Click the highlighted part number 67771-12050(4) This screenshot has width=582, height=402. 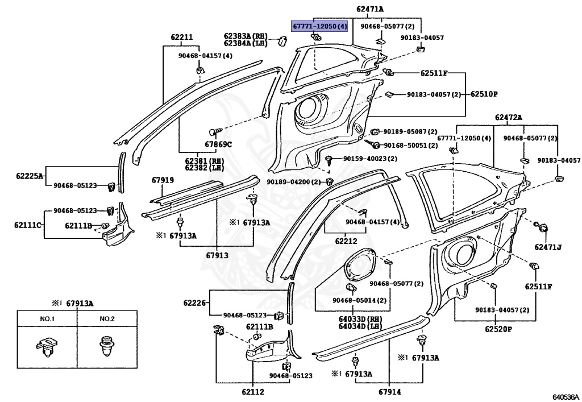(x=319, y=26)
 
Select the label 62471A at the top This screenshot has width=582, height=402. (x=370, y=9)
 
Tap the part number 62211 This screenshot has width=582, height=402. (x=181, y=37)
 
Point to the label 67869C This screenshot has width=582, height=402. (x=218, y=144)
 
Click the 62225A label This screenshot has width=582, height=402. (x=30, y=176)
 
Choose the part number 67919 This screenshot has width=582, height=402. (x=163, y=180)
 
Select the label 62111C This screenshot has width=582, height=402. (x=28, y=225)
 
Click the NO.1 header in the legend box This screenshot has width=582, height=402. (x=48, y=319)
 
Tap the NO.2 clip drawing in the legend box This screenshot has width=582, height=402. (x=107, y=346)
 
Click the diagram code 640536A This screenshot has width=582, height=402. (x=566, y=397)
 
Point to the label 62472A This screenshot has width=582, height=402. (x=508, y=117)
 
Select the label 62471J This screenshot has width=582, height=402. (x=548, y=247)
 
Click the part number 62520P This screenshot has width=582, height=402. (x=498, y=329)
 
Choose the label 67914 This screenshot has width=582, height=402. (x=390, y=391)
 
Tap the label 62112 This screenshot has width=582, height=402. (x=252, y=391)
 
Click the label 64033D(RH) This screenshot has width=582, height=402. (x=360, y=319)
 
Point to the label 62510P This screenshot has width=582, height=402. (x=484, y=94)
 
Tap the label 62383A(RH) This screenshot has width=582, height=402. (x=246, y=36)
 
